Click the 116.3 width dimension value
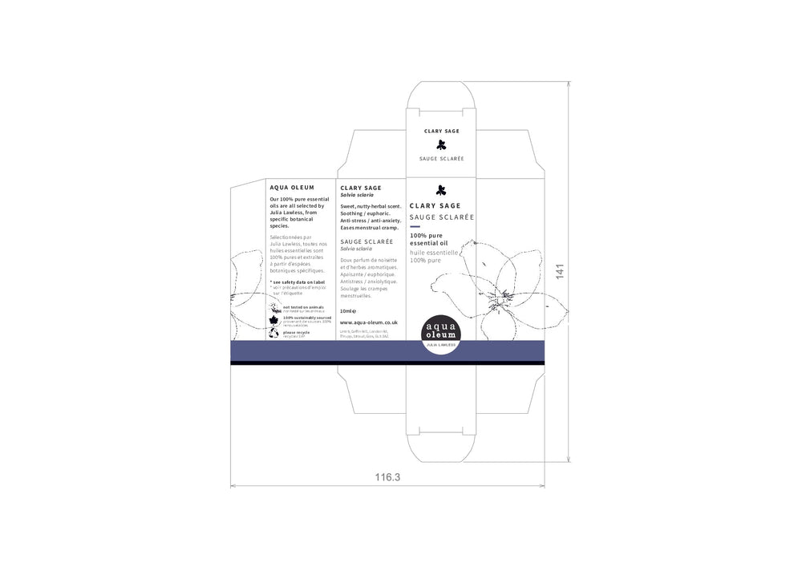(x=387, y=477)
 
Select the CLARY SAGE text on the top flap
(x=441, y=130)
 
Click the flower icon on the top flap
(x=441, y=145)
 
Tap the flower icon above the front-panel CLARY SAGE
(x=440, y=190)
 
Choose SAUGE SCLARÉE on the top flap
(x=441, y=159)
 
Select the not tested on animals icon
(x=275, y=307)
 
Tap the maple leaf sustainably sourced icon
(x=274, y=320)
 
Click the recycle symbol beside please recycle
(x=275, y=333)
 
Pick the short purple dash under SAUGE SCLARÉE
(x=415, y=226)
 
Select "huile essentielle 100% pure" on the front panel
(x=433, y=257)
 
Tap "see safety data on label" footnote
(x=298, y=282)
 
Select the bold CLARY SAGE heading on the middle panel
(x=361, y=188)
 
